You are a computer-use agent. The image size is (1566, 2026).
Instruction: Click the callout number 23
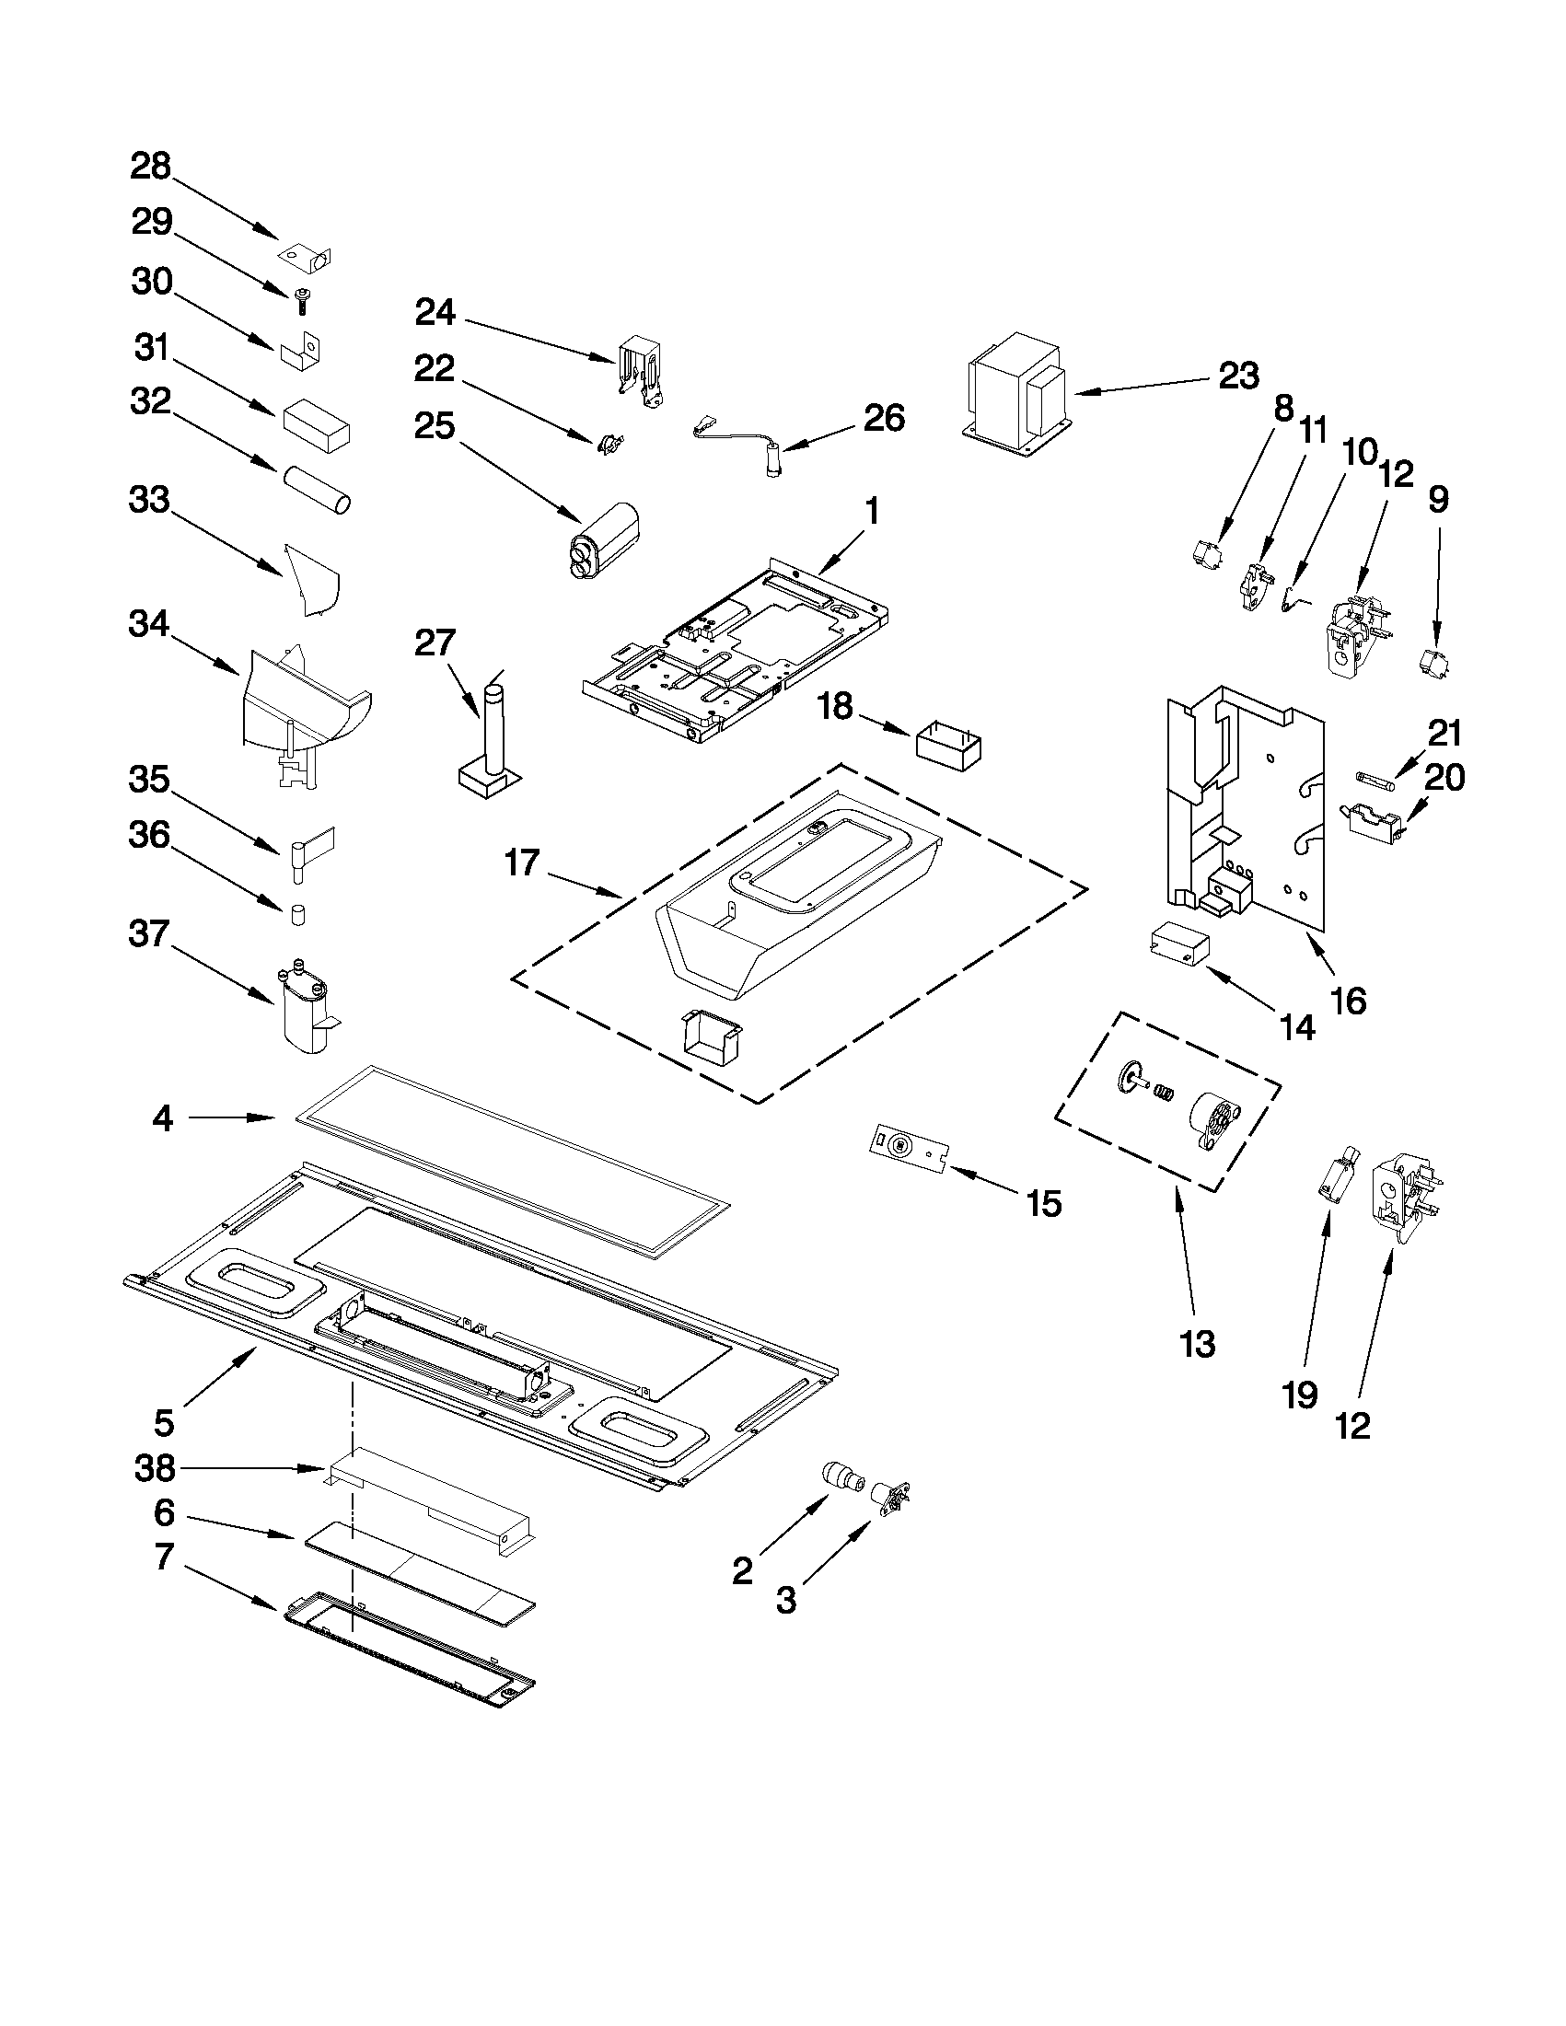(x=1237, y=376)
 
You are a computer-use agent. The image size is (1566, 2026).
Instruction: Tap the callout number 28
(x=150, y=167)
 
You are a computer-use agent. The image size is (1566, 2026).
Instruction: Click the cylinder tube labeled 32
(x=318, y=489)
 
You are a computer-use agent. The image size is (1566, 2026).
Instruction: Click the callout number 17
(x=522, y=862)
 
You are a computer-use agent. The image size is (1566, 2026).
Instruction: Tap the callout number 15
(x=1044, y=1203)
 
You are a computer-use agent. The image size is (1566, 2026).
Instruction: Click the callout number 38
(x=154, y=1468)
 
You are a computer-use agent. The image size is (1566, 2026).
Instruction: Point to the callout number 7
(x=163, y=1557)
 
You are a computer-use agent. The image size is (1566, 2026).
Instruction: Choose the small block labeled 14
(x=1179, y=945)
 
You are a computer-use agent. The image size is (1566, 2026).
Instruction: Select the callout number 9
(x=1437, y=500)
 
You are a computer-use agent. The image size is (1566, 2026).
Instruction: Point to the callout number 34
(x=149, y=624)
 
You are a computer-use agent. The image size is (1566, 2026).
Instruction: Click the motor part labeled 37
(x=305, y=1011)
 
